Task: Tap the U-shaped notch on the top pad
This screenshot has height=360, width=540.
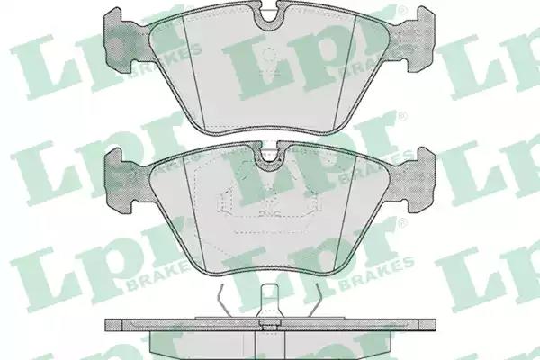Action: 270,16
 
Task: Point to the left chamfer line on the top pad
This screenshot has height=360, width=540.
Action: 193,72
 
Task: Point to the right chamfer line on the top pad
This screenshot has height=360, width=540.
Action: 346,72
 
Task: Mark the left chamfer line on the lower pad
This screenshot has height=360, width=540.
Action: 193,213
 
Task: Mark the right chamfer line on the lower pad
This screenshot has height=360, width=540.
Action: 346,213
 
